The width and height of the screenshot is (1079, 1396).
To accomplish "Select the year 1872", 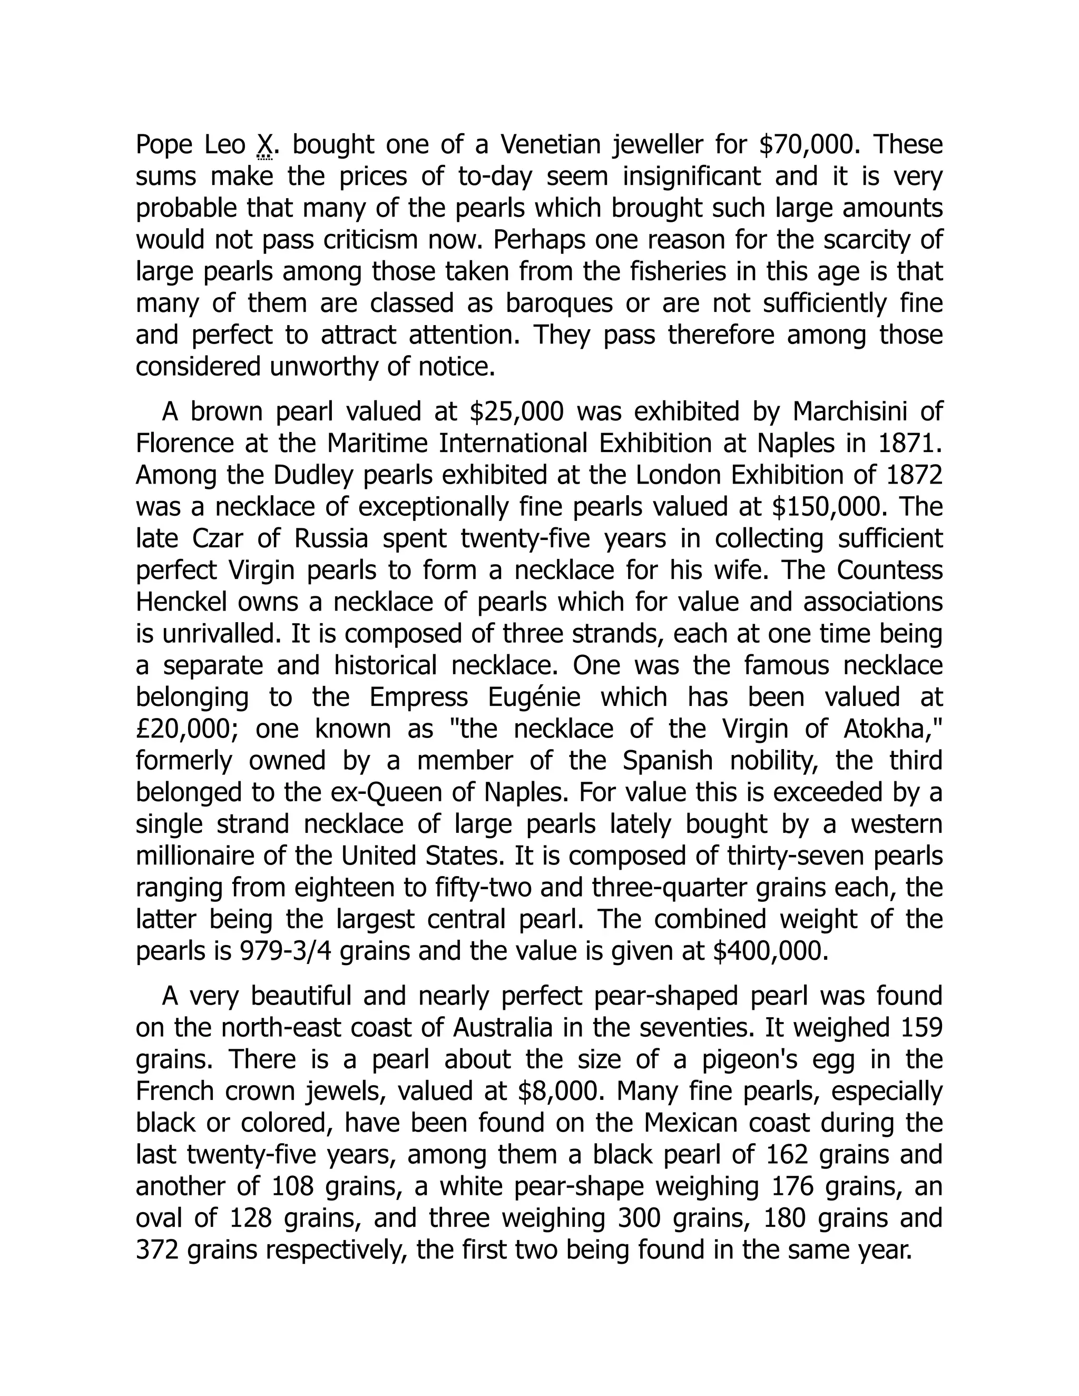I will point(915,475).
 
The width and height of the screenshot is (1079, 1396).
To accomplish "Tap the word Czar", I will point(218,538).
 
